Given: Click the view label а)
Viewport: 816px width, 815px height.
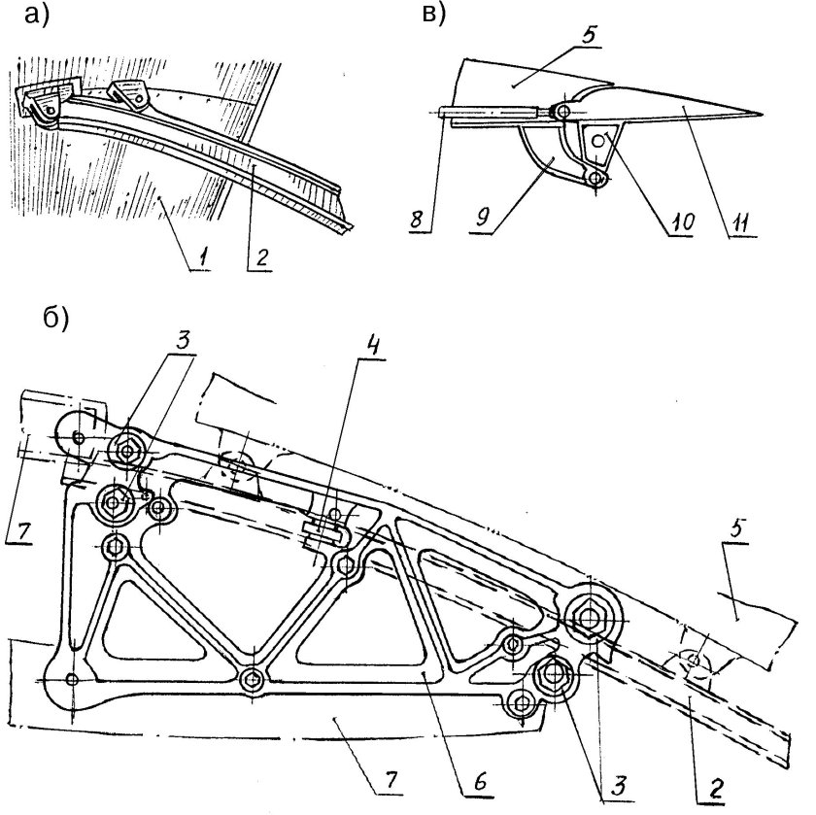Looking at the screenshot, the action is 37,15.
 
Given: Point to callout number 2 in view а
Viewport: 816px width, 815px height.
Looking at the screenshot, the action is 261,256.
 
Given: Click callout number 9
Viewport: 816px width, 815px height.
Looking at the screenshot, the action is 483,217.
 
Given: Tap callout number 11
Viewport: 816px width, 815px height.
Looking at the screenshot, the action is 740,222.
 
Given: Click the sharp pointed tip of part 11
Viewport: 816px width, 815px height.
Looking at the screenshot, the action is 762,114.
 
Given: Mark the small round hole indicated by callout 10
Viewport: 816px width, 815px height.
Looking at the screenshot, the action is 598,140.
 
